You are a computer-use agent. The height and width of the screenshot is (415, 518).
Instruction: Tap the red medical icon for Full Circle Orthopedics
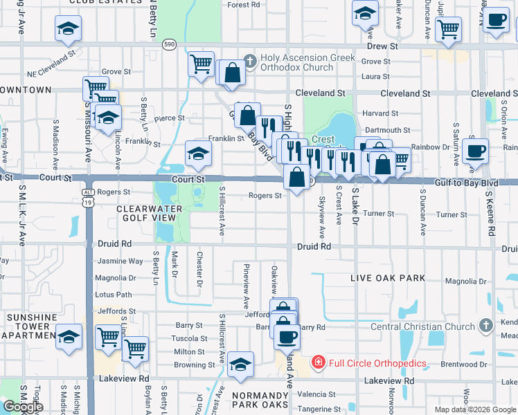317,362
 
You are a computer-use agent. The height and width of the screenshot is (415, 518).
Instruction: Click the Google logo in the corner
23,407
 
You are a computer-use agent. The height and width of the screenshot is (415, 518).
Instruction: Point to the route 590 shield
169,44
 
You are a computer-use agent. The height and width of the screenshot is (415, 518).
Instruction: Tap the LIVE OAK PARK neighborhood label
388,278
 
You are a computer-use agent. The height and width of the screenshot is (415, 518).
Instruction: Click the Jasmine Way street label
120,261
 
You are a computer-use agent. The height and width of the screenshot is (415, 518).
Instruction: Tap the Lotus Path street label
114,295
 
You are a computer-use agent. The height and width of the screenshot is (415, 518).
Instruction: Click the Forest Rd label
243,5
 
